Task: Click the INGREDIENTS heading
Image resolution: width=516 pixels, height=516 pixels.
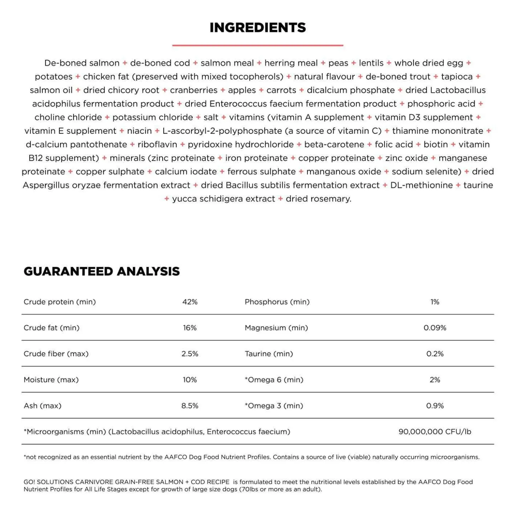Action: coord(258,28)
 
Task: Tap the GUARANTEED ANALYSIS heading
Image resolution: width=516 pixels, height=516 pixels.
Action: coord(102,271)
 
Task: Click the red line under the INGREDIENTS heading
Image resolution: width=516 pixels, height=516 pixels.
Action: coord(258,45)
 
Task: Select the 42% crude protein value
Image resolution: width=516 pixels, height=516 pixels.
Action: coord(190,302)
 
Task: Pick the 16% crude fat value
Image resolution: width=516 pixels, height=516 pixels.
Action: coord(190,328)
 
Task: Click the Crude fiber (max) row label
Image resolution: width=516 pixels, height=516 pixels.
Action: coord(56,354)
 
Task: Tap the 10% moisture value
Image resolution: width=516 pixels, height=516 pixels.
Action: coord(190,380)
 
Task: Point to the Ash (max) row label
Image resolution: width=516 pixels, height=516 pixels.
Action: coord(43,406)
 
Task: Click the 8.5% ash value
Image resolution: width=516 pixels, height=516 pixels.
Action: coord(190,406)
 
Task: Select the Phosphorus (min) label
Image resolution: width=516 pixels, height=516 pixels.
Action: coord(277,302)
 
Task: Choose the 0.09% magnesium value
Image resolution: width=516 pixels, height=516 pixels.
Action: coord(435,328)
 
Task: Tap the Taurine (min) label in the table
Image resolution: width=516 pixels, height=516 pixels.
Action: coord(269,354)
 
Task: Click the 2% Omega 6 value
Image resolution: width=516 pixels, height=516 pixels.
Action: coord(435,380)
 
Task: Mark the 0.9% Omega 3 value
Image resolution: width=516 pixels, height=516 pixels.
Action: coord(435,406)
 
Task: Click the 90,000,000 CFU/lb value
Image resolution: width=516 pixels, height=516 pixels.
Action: coord(435,432)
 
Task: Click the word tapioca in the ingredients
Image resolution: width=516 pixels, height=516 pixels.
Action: coord(457,77)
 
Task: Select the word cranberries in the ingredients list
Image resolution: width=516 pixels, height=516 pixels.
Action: coord(194,90)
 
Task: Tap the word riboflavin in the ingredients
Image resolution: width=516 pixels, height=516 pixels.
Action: coord(157,145)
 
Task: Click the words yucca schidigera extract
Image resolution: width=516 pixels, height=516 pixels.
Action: coord(223,199)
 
